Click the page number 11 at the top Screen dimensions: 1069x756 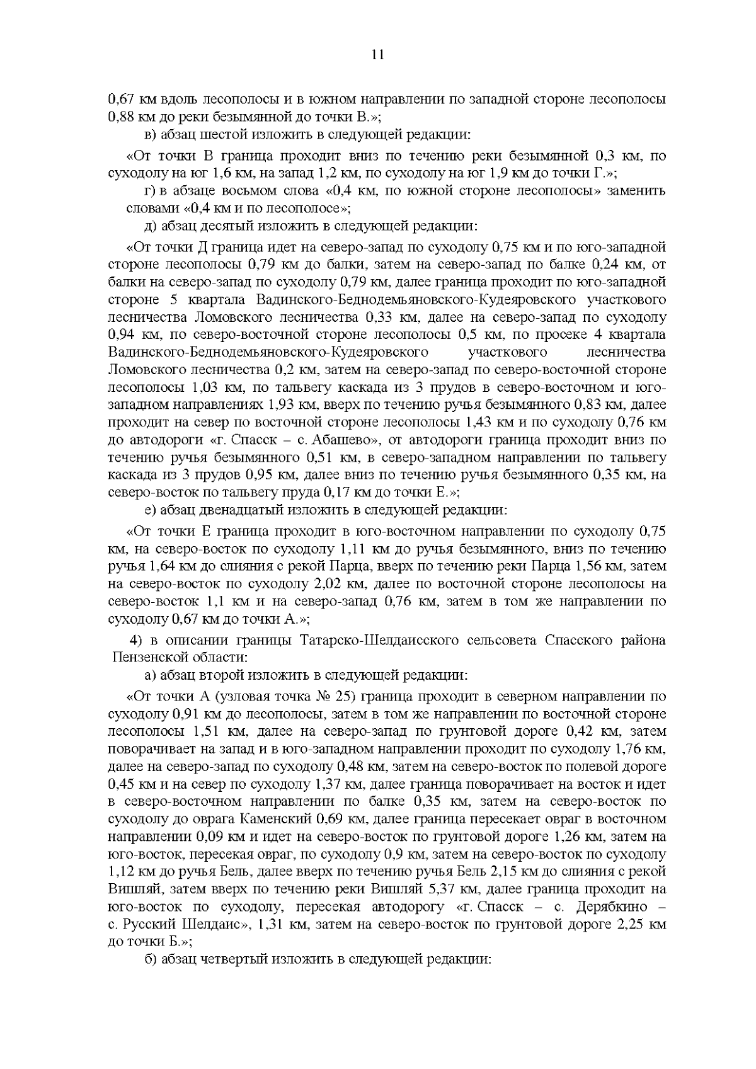(x=378, y=55)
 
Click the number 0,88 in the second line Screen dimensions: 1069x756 (x=120, y=117)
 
